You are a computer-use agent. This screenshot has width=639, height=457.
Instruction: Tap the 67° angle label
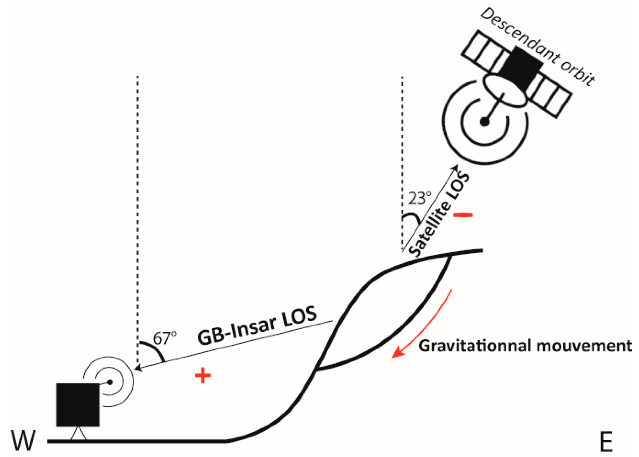pos(165,338)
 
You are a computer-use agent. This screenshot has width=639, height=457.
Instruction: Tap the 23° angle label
pos(419,198)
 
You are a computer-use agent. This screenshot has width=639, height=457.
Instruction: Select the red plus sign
pos(203,375)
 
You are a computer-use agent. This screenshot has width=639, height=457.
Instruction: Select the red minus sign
pos(463,215)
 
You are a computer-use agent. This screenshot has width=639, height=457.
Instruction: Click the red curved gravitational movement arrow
pos(426,327)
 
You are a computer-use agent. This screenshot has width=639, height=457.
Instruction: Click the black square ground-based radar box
pos(78,405)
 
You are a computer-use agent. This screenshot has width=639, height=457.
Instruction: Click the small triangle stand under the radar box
pos(78,434)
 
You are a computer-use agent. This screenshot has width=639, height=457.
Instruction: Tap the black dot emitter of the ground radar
pos(110,382)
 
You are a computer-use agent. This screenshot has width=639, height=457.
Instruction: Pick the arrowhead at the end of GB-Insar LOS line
pos(138,369)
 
